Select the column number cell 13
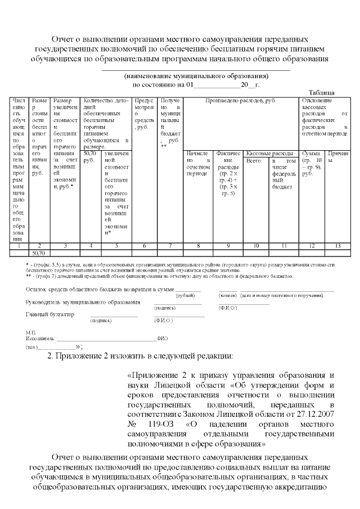337,246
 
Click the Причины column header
337,156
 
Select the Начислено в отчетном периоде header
197,163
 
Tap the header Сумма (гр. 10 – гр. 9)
312,163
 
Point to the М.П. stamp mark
31,332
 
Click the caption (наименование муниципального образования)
196,76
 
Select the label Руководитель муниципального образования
83,303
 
